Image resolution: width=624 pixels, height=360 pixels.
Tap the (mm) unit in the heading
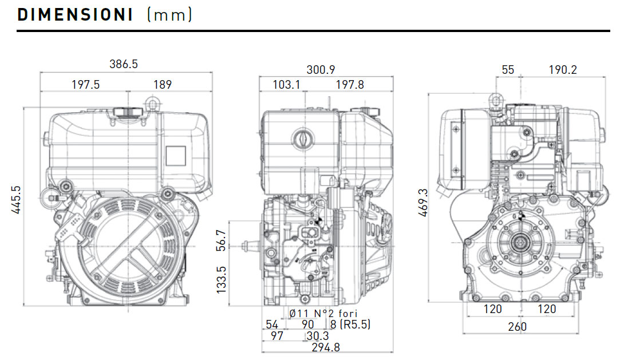point(169,15)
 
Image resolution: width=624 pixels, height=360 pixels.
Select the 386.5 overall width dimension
point(124,64)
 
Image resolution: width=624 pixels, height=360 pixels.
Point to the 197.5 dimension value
point(85,85)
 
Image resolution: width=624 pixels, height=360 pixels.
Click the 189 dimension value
point(162,85)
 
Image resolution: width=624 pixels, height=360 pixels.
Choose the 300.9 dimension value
point(321,70)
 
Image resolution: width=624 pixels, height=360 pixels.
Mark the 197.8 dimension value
point(349,85)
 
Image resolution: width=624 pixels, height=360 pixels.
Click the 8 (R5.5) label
point(350,325)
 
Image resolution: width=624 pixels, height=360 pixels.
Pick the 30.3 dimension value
point(318,336)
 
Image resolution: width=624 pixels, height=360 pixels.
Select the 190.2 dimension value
point(563,70)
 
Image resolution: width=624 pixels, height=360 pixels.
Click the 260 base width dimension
point(517,327)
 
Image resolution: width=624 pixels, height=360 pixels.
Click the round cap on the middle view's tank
point(301,139)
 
